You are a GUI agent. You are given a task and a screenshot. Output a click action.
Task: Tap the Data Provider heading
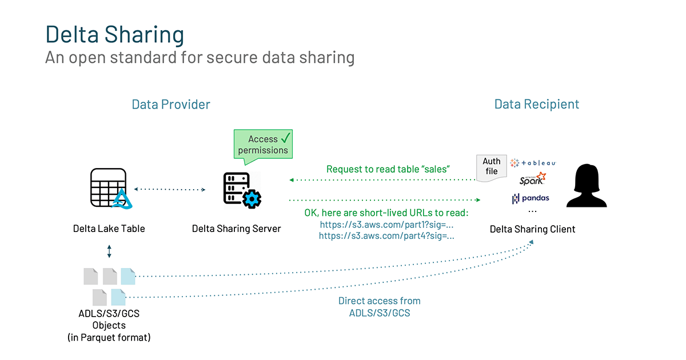point(171,105)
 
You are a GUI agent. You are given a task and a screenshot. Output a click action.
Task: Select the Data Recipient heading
point(536,105)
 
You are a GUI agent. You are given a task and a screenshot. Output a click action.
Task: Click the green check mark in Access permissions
point(285,138)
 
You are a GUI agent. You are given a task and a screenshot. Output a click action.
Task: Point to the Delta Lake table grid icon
point(108,188)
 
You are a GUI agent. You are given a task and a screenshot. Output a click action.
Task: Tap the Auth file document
point(491,167)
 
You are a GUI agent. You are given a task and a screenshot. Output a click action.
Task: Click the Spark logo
point(532,179)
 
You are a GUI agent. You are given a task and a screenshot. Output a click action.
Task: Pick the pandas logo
point(531,198)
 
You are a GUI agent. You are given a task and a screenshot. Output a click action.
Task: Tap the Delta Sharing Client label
point(532,229)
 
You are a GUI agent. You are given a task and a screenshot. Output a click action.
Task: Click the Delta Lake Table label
point(109,229)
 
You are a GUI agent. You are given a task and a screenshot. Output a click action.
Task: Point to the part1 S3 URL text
point(387,225)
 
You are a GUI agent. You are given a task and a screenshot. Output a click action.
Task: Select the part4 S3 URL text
point(386,235)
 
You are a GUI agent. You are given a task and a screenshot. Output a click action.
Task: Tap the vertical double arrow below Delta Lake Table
point(109,251)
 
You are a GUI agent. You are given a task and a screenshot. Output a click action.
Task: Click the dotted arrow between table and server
point(170,189)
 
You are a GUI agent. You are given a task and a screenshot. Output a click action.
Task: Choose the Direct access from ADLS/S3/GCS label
point(379,307)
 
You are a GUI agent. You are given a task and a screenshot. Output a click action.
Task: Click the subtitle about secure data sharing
point(200,58)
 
